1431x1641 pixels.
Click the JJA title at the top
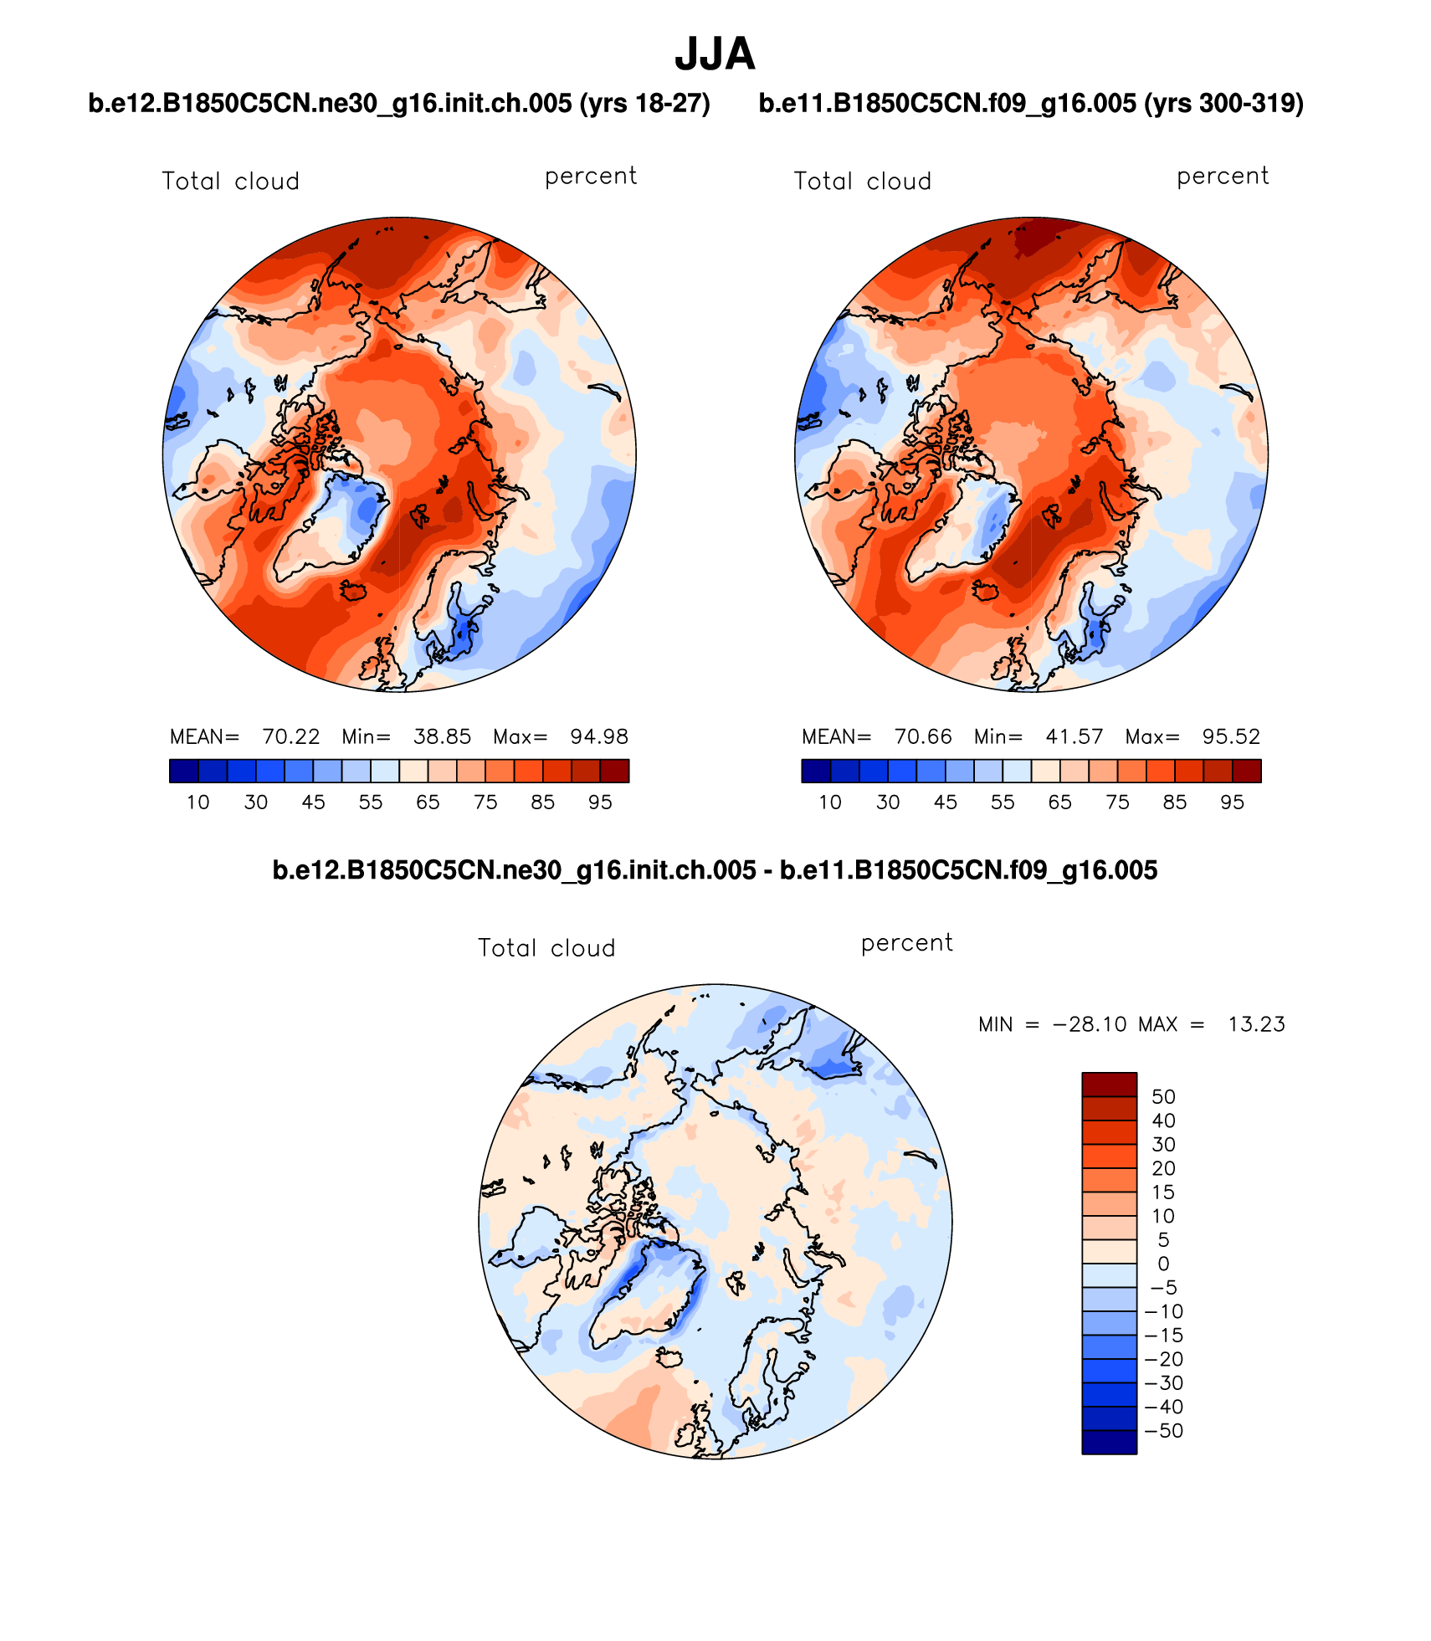[715, 54]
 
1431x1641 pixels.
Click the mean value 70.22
[290, 736]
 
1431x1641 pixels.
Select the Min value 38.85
[442, 736]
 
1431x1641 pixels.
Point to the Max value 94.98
[598, 736]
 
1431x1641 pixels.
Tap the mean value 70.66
[923, 736]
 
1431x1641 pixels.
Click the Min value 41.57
[1074, 736]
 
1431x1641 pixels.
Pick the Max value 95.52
[1231, 736]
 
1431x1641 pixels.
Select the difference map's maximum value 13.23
[1256, 1024]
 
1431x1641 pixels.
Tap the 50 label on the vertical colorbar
[1163, 1097]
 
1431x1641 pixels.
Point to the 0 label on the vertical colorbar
[1163, 1264]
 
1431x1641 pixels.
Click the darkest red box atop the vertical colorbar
[1109, 1085]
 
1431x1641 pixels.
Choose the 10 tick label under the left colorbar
[197, 803]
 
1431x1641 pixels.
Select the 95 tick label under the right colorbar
[1232, 803]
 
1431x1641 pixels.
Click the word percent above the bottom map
[906, 943]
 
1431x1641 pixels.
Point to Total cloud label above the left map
[230, 182]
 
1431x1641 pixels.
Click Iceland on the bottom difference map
[670, 1356]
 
